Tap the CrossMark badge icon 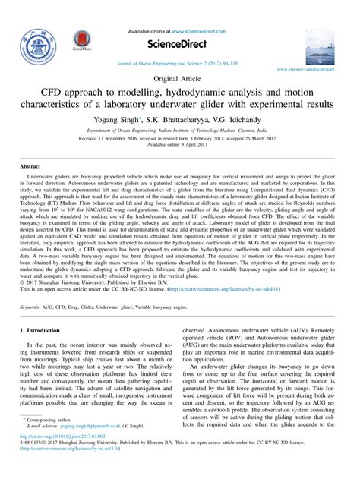click(82, 42)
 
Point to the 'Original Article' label click(179, 79)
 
